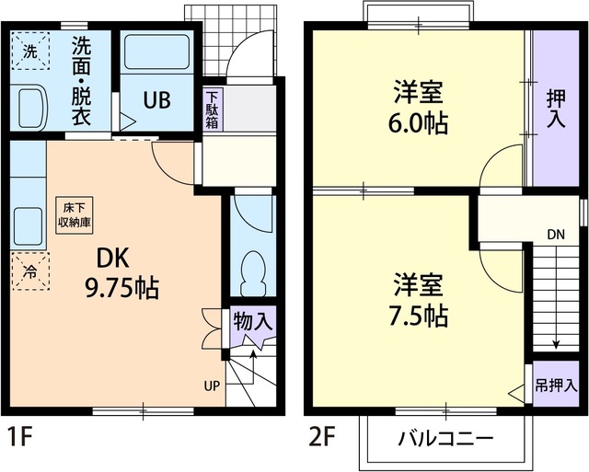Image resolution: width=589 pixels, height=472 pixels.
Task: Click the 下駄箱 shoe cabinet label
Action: click(x=212, y=109)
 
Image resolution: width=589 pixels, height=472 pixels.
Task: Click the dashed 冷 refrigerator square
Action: click(x=29, y=271)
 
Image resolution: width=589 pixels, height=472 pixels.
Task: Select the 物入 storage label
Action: click(x=251, y=323)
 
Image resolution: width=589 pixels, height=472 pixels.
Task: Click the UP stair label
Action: click(x=212, y=386)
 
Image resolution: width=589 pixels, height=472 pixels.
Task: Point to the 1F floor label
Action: click(x=20, y=435)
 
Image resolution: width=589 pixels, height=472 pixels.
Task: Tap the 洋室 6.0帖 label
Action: click(x=421, y=108)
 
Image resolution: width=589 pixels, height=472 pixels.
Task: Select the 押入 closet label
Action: click(x=556, y=108)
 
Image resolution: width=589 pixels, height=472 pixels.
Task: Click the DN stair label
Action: click(x=556, y=235)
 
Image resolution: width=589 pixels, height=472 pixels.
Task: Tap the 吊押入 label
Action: click(x=557, y=386)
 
